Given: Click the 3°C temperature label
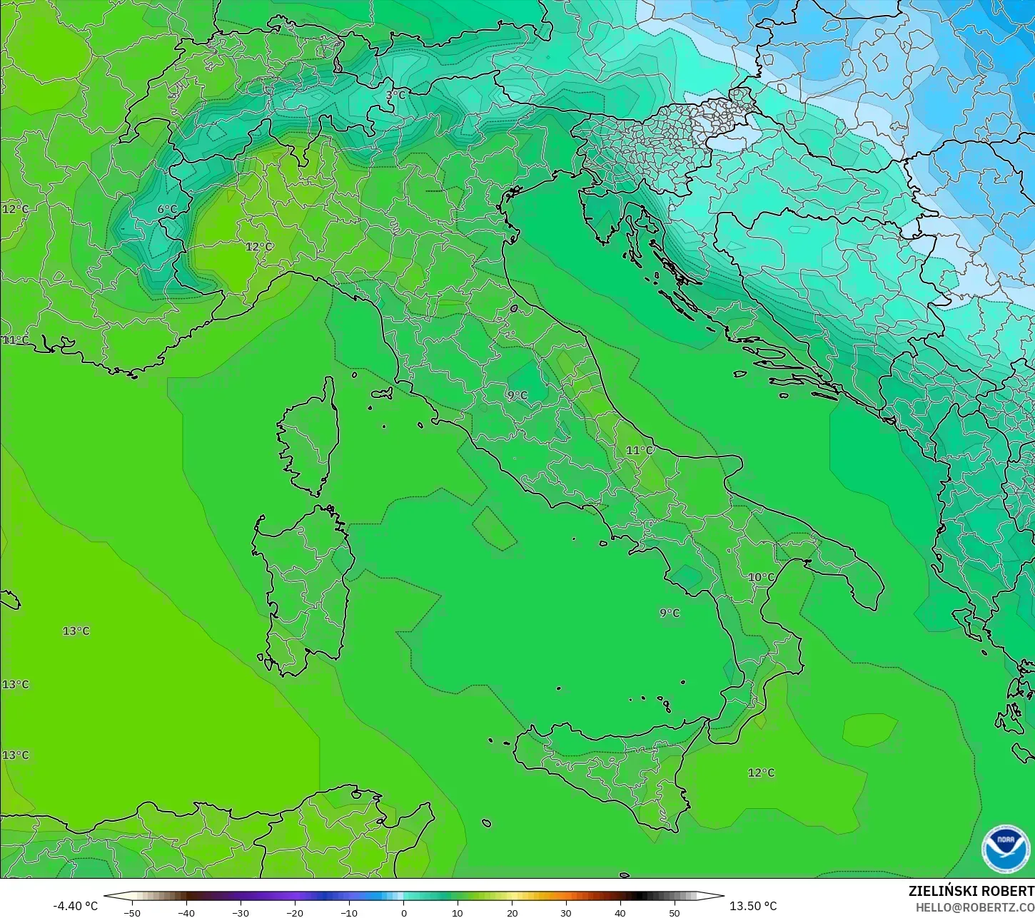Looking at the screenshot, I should pos(395,95).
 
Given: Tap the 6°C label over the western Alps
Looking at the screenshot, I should pos(167,209).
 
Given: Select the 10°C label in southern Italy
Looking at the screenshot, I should pos(761,577).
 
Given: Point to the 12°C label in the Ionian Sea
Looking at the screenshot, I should pos(761,772).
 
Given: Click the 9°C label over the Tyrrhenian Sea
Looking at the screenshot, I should pos(670,613).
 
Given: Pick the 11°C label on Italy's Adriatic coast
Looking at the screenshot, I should pos(640,450).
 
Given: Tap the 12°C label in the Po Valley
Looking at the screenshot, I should pos(258,246).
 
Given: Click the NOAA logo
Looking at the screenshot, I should pos(1005,849).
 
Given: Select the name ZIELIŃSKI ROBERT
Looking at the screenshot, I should pos(971,892).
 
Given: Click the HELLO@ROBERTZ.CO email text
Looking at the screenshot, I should pos(975,907).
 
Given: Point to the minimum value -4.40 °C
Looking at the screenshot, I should pos(75,906).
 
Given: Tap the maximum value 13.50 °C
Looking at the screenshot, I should pos(753,906).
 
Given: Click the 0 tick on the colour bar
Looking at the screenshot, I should pos(403,912).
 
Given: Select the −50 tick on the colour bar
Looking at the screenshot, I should pos(132,912).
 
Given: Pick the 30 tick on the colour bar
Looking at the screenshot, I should pos(566,912).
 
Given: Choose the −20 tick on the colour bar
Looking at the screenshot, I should pos(295,912).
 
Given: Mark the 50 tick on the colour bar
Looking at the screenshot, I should pos(675,912).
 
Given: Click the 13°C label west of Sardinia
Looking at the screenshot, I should pos(76,631).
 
